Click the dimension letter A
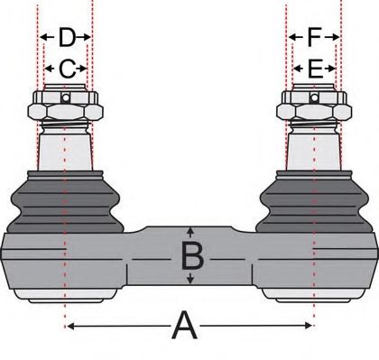(x=185, y=326)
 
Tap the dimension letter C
(x=67, y=68)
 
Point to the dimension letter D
(x=67, y=38)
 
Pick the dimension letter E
(x=314, y=68)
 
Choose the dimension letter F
(x=314, y=38)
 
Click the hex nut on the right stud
(x=312, y=110)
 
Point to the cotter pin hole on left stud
(x=65, y=97)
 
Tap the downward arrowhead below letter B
(x=190, y=281)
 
